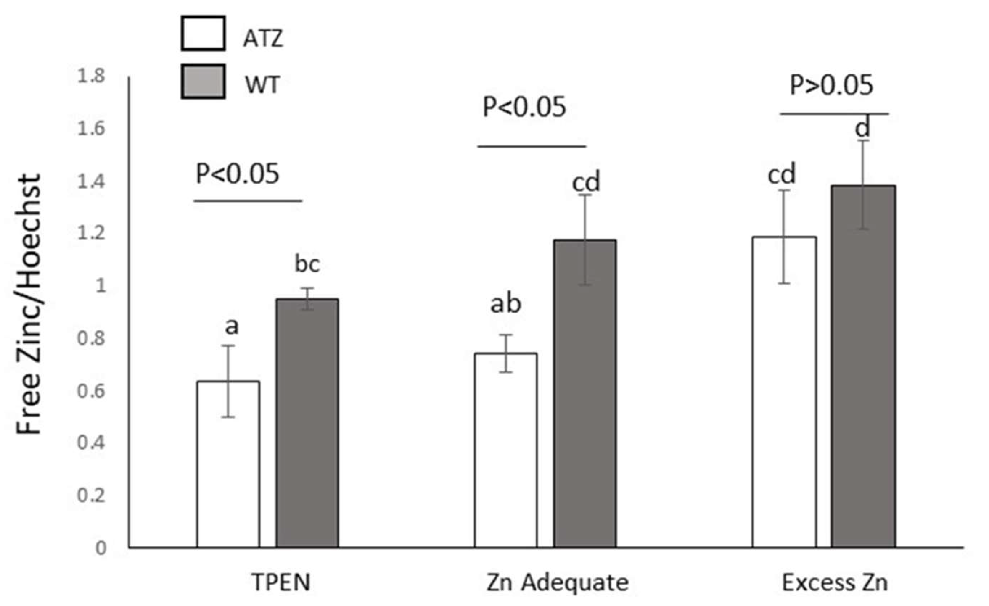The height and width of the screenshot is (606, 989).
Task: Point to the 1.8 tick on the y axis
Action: click(91, 76)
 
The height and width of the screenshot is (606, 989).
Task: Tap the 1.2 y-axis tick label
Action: click(91, 234)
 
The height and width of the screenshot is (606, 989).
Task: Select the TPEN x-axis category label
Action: click(281, 583)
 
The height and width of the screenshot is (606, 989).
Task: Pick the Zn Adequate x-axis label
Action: click(558, 583)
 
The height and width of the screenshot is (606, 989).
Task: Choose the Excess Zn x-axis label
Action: click(835, 583)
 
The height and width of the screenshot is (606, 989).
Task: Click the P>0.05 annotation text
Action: click(831, 85)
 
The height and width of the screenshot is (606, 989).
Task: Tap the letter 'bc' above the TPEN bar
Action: click(307, 264)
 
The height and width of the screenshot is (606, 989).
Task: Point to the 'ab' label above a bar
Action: click(506, 304)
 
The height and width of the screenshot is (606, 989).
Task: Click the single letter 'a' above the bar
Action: click(232, 327)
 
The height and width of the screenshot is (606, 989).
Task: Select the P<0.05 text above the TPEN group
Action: click(237, 174)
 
